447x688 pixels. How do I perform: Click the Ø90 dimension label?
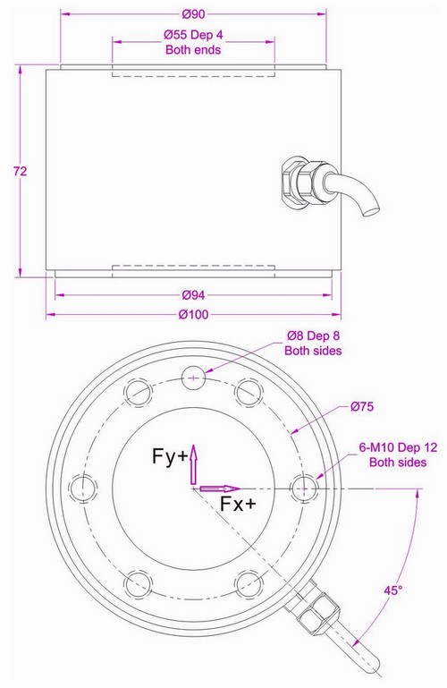[193, 14]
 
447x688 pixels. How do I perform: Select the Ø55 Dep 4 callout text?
[193, 35]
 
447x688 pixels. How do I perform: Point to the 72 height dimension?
[14, 169]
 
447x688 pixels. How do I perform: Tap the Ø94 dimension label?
[193, 294]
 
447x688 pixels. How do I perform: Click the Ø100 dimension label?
[193, 315]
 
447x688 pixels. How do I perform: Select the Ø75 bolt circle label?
[361, 407]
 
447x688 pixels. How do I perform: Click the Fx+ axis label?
[239, 504]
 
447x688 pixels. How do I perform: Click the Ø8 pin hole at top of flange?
[193, 378]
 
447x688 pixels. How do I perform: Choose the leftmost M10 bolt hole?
[82, 488]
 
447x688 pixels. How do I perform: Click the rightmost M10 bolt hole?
[305, 488]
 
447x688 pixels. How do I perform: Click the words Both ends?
[193, 50]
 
